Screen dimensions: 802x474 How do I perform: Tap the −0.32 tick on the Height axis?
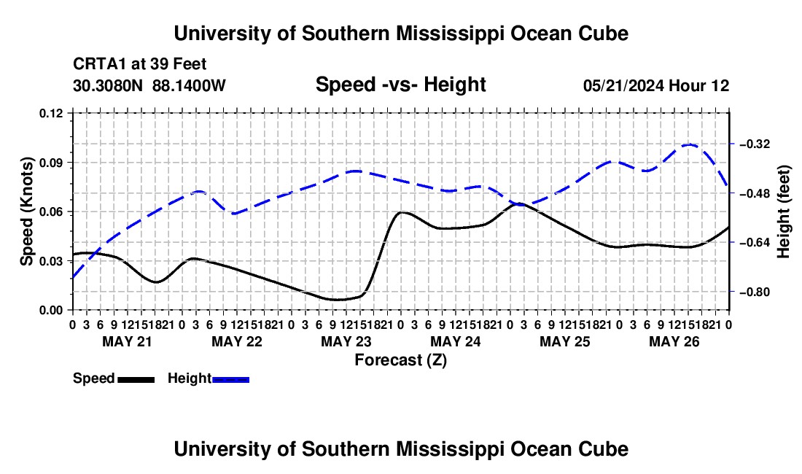click(755, 144)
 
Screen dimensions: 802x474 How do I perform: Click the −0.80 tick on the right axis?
click(755, 292)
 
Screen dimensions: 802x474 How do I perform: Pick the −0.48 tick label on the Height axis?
click(755, 193)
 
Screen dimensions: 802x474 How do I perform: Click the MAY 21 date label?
click(128, 341)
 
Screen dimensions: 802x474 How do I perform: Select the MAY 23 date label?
click(346, 341)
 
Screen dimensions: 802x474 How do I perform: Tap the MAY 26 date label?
click(674, 341)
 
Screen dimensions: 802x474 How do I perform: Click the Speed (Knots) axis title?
click(26, 211)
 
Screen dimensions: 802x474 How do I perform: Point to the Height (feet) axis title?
click(783, 211)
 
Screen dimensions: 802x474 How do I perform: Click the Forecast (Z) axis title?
click(401, 360)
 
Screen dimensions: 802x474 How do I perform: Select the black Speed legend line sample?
click(136, 380)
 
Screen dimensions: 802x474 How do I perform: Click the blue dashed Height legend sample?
click(230, 380)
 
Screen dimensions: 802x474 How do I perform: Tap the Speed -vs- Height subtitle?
click(401, 85)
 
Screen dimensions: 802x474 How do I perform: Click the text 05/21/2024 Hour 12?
click(656, 85)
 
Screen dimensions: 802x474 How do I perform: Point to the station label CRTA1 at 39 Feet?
click(140, 64)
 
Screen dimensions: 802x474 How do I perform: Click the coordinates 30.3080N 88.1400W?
click(149, 85)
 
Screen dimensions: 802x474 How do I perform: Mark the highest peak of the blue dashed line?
click(689, 144)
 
